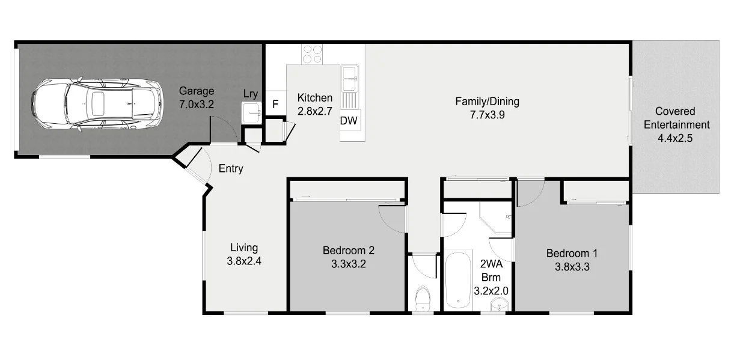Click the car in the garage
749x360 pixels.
97,104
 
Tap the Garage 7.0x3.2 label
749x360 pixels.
197,97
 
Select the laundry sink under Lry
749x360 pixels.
251,113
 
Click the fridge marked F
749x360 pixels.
275,104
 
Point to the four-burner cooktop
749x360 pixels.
312,55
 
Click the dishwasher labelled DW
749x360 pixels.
349,120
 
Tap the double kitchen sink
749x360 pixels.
349,79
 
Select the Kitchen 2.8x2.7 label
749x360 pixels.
315,105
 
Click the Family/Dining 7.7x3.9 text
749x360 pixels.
487,108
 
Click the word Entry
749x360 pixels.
231,168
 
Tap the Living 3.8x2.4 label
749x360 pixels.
244,254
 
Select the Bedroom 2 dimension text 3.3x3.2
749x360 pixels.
349,264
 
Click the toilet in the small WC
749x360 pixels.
423,299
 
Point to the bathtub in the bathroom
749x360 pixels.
458,280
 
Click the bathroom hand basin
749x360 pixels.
500,305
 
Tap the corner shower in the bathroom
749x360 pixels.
495,217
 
